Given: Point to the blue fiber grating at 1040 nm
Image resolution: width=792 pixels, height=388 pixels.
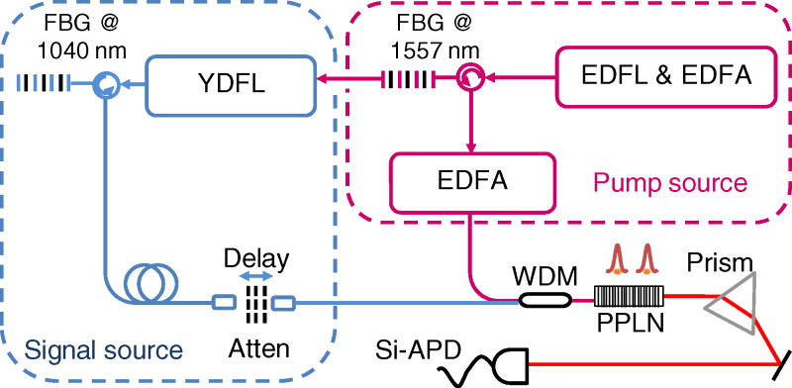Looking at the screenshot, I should (x=49, y=87).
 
